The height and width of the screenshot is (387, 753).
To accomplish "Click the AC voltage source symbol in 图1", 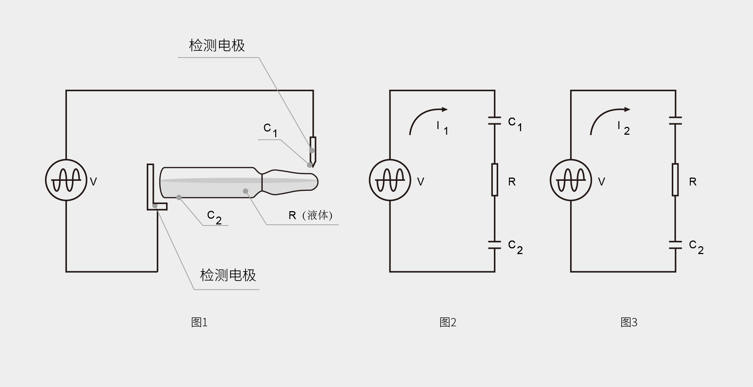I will tap(66, 180).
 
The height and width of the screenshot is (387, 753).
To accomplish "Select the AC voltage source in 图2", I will tap(390, 180).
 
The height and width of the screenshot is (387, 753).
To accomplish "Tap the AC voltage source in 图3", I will tap(571, 180).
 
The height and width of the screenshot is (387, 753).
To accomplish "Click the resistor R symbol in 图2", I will tap(495, 180).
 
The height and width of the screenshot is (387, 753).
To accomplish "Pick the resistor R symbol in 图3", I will tap(675, 180).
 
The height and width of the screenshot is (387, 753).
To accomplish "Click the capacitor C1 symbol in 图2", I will tap(495, 120).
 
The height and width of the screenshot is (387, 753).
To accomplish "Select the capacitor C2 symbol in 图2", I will tap(495, 245).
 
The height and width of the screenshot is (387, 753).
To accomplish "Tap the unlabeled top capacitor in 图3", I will tap(675, 120).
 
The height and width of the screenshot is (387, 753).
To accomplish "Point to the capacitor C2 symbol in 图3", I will tap(675, 245).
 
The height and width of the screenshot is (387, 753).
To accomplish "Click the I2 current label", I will tap(623, 128).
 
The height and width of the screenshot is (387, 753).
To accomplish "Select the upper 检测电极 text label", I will tap(217, 46).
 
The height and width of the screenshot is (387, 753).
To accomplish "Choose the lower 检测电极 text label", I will tap(228, 275).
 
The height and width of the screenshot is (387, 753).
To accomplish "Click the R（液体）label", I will tap(311, 215).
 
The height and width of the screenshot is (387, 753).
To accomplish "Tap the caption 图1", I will tap(199, 322).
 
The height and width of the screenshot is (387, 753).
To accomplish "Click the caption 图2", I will tap(448, 322).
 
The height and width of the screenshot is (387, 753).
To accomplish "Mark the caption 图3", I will tap(629, 322).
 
